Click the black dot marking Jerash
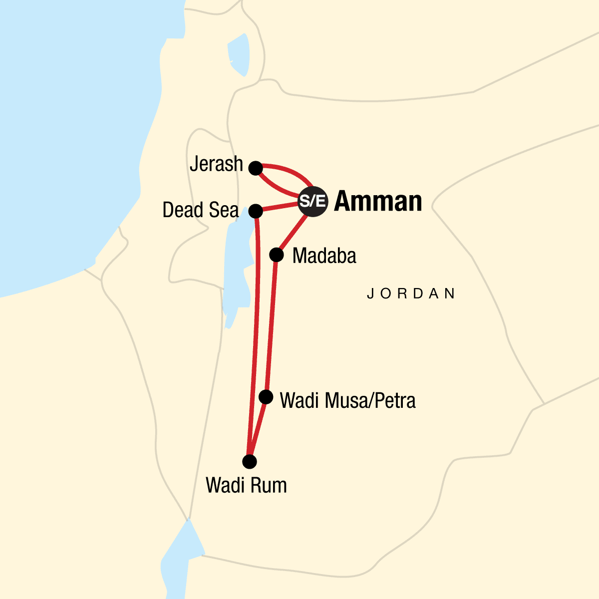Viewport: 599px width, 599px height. [256, 168]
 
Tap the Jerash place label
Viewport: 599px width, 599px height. [216, 164]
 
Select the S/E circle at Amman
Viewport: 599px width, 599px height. [312, 201]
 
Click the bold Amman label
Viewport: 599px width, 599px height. [378, 201]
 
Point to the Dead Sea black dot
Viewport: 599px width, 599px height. [256, 211]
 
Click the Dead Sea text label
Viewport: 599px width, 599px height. [201, 211]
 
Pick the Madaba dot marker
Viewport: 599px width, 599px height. [276, 255]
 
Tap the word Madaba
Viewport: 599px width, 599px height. [324, 256]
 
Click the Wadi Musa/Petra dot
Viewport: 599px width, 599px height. [267, 397]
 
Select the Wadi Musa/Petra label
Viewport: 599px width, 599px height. [348, 400]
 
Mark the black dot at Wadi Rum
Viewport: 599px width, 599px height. [250, 462]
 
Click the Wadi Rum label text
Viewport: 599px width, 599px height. [247, 485]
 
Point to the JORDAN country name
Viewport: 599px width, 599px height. [411, 294]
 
